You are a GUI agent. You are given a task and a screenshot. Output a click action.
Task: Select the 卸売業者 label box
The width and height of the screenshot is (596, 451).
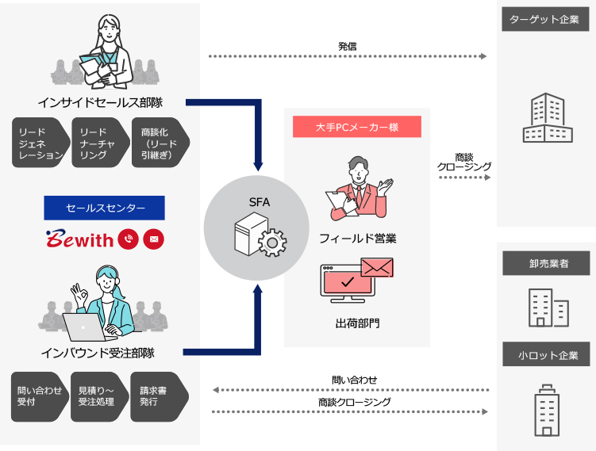(x=548, y=263)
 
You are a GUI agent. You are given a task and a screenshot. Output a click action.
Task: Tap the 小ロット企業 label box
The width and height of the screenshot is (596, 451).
(x=548, y=355)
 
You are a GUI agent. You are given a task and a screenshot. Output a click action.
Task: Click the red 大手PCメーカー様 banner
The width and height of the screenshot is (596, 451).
(x=356, y=127)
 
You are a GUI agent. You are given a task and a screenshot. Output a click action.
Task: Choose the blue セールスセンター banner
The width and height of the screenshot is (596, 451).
(x=104, y=208)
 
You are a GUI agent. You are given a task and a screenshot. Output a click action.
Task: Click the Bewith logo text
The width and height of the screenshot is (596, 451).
(x=79, y=239)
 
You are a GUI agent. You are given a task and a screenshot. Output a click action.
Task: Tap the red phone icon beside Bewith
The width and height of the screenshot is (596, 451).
(x=128, y=239)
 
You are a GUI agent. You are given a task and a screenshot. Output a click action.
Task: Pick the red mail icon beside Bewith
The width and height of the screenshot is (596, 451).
(x=153, y=239)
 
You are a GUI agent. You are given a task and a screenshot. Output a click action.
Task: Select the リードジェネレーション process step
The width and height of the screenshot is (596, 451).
(x=40, y=143)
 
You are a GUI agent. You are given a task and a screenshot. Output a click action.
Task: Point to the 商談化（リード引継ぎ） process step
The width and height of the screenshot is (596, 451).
(x=159, y=143)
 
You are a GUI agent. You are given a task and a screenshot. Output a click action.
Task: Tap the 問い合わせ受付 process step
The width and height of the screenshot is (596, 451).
(x=39, y=396)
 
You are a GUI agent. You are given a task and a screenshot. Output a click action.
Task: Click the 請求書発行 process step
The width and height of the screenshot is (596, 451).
(x=158, y=396)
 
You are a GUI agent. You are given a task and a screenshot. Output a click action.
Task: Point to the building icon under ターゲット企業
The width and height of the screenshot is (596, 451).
(x=547, y=117)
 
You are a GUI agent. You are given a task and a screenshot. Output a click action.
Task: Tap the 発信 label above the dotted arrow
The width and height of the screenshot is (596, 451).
(x=347, y=47)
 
